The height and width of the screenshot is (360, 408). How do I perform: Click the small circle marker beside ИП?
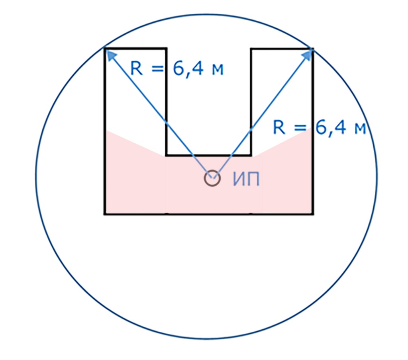coord(212,178)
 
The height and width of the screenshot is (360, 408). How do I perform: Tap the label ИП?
coord(246,180)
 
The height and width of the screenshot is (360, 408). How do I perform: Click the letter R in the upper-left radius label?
coord(136,68)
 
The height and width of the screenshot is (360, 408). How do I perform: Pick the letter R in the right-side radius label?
coord(280,128)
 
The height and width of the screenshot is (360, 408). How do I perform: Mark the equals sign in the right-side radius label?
coord(302,128)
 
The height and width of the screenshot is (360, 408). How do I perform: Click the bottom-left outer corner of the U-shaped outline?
coord(105,214)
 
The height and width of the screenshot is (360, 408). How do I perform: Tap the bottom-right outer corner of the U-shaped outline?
coord(313,214)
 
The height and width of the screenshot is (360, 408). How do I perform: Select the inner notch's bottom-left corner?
coord(166,155)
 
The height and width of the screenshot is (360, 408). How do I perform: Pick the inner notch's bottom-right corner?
coord(251,155)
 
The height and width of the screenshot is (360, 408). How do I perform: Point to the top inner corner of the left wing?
coord(166,49)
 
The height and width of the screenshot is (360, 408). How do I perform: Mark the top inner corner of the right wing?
coord(251,49)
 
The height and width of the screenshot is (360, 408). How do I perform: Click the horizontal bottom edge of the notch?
coord(208,155)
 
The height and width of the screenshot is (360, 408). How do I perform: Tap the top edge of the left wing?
coord(135,49)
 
